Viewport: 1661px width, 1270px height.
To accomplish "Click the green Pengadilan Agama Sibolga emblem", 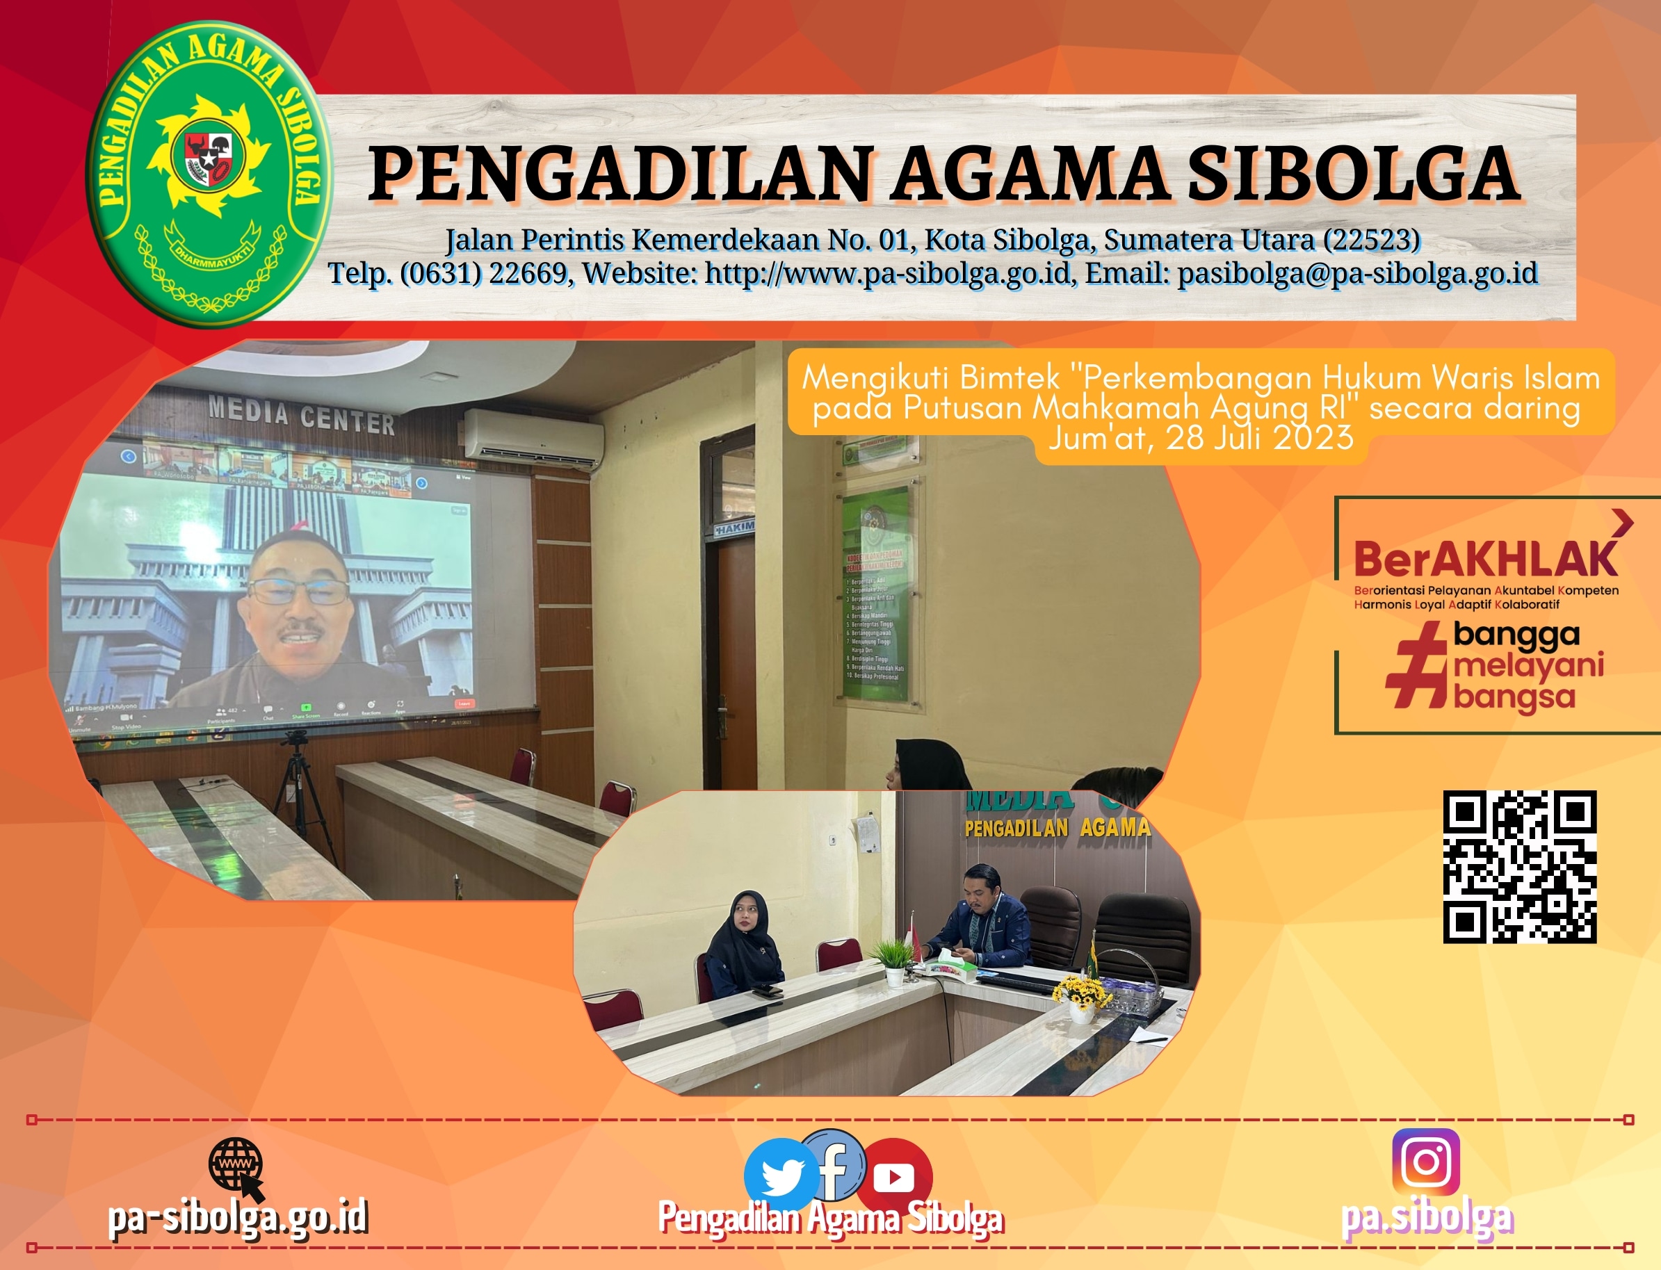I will coord(208,174).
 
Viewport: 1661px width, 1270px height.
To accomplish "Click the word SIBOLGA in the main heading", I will coord(1353,174).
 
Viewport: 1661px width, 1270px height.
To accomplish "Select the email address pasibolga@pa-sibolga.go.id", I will coord(1358,273).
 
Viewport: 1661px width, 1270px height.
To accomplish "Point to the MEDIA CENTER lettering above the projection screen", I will coord(302,416).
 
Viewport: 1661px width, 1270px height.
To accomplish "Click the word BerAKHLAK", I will coord(1486,560).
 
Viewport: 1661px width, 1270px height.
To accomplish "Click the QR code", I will coord(1520,867).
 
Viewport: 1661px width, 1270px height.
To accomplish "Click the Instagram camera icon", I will coord(1426,1162).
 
